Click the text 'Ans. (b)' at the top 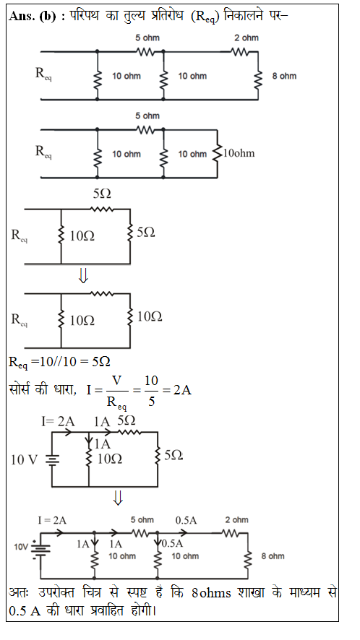point(32,17)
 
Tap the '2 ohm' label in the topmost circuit point(246,38)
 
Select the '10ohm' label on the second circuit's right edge point(239,153)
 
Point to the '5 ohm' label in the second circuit point(147,116)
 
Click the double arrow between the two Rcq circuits point(83,277)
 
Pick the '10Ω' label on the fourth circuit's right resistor point(149,316)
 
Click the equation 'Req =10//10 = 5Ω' point(60,363)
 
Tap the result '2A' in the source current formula point(182,390)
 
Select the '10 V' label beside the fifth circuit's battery point(24,460)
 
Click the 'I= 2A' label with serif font point(58,422)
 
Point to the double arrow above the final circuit point(118,498)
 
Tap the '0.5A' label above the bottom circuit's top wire point(186,520)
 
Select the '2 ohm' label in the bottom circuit point(236,520)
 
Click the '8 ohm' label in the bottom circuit point(273,556)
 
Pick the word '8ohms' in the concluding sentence point(211,592)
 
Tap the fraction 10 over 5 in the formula point(151,391)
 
